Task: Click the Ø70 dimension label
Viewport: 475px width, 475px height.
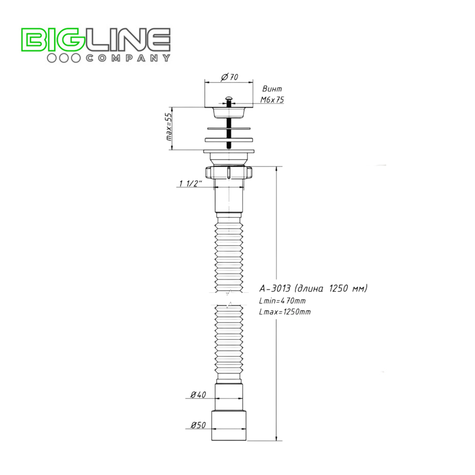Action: click(230, 77)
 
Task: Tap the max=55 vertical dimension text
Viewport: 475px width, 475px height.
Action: click(169, 127)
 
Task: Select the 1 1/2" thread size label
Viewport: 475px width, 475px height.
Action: click(190, 183)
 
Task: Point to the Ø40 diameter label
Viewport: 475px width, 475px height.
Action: click(198, 395)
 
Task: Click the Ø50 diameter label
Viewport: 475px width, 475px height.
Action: click(198, 425)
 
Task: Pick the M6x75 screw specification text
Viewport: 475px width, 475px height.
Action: click(272, 100)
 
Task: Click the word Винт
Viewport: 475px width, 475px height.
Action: click(272, 89)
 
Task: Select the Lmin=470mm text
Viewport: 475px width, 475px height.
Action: click(282, 301)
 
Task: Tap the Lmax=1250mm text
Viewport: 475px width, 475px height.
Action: click(285, 312)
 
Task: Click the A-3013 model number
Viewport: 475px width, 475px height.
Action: click(275, 288)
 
